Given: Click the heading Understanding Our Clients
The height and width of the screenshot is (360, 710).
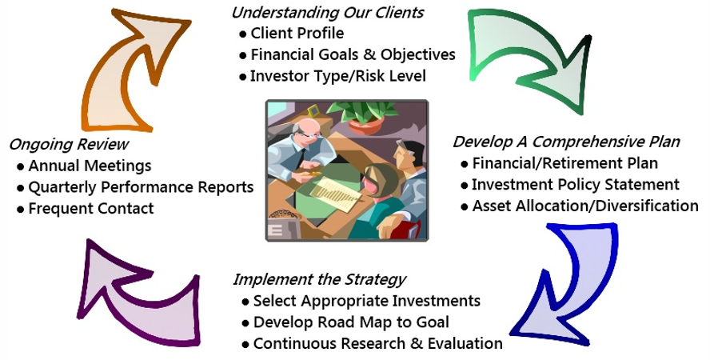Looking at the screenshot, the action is click(327, 12).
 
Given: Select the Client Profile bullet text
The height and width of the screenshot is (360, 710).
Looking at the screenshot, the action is click(297, 33).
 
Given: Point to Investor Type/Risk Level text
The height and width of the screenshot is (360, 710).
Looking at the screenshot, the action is click(338, 76).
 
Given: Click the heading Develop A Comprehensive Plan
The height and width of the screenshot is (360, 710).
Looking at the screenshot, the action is click(566, 142).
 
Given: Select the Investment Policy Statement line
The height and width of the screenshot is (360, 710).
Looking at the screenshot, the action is click(576, 184).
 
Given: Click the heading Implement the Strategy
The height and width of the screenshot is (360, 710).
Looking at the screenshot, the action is click(319, 279).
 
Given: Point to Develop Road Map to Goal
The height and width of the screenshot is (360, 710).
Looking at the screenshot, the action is click(351, 322).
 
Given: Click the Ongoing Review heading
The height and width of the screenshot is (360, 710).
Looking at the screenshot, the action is click(69, 145).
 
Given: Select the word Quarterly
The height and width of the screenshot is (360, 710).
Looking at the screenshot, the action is click(62, 187).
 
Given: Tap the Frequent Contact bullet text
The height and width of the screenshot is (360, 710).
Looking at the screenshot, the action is click(91, 208).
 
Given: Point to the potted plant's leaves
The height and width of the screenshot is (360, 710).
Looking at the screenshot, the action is click(361, 112).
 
